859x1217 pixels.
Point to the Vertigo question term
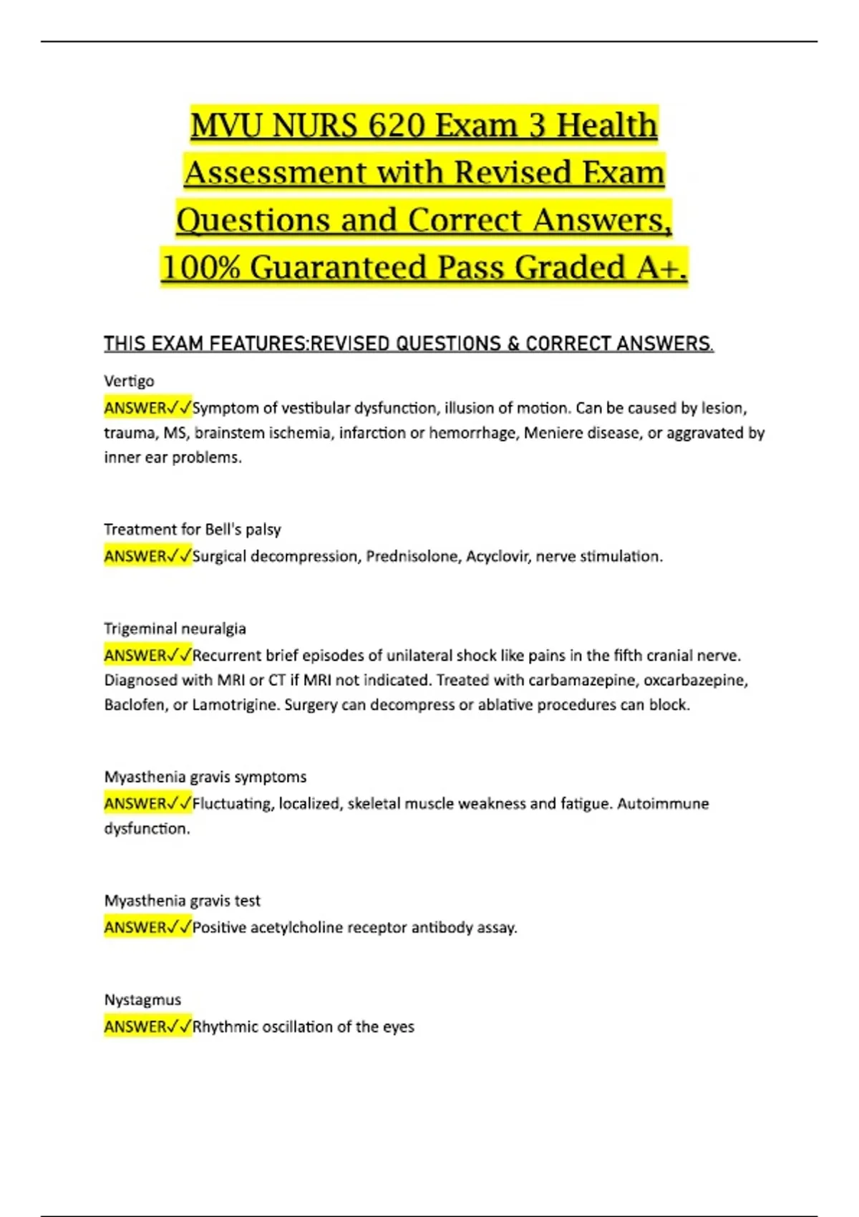click(x=129, y=381)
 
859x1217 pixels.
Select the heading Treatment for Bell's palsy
click(x=192, y=530)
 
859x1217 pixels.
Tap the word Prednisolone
click(x=411, y=556)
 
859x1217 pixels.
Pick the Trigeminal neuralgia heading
click(x=175, y=629)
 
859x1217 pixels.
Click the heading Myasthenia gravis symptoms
click(x=205, y=777)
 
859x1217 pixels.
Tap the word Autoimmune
click(x=663, y=804)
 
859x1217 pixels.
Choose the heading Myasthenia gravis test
click(x=182, y=901)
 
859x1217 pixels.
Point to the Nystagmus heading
click(x=142, y=1000)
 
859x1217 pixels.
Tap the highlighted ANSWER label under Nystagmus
click(x=136, y=1027)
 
